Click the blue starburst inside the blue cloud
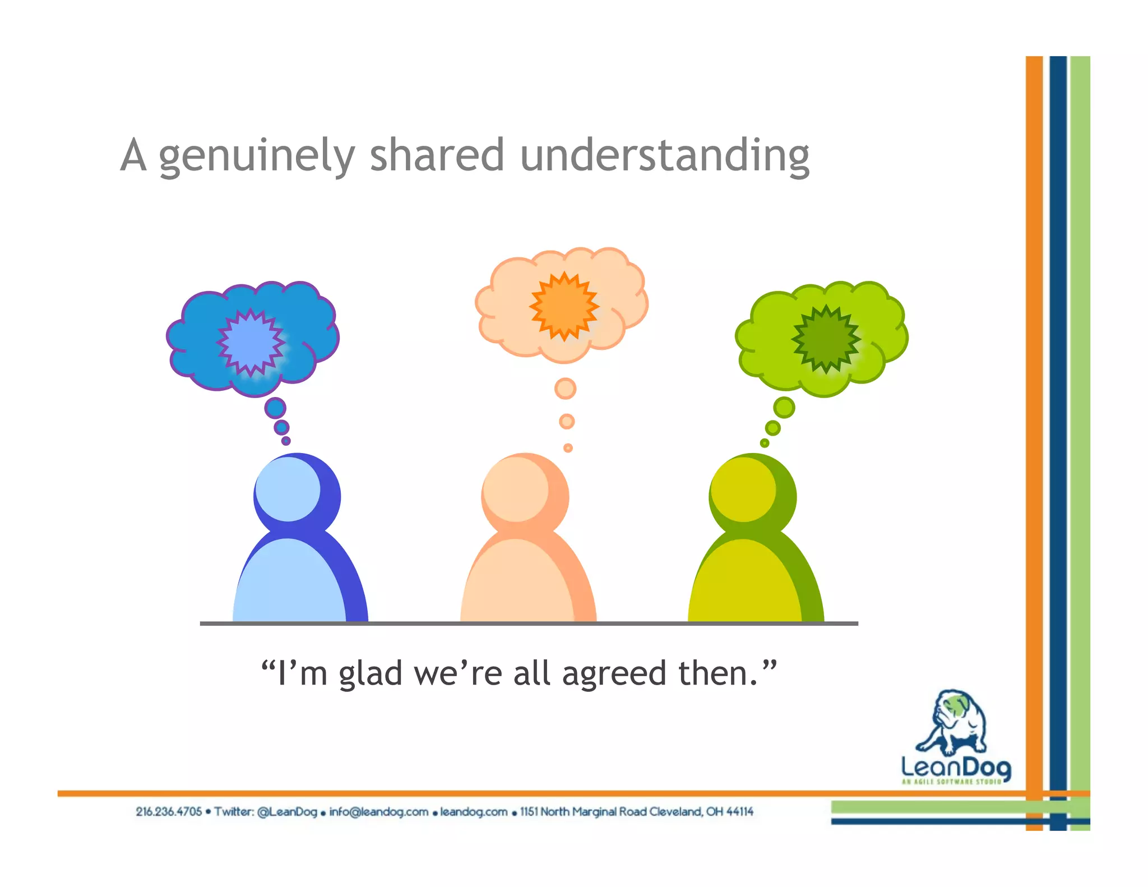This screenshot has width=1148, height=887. (251, 341)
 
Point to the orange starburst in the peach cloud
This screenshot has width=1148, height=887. (564, 306)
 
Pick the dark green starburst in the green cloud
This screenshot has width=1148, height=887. (825, 339)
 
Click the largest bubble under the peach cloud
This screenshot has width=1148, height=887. (565, 388)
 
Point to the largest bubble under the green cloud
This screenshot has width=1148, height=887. (784, 408)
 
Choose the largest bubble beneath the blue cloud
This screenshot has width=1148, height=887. (275, 408)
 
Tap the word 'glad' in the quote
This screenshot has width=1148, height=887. (370, 673)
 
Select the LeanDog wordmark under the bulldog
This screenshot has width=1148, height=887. (956, 768)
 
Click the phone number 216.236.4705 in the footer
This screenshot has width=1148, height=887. (168, 811)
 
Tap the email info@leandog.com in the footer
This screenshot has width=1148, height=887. (378, 811)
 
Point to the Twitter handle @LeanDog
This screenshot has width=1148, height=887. (287, 811)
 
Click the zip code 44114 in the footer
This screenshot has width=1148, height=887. (739, 811)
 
